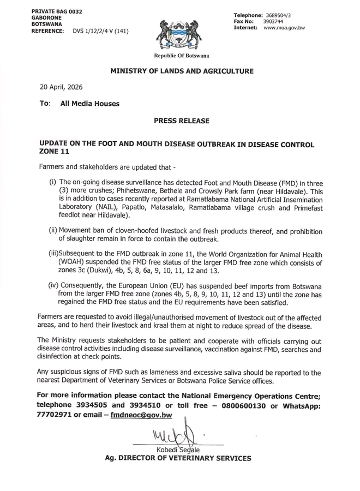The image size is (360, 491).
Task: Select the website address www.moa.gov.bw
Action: [x=284, y=27]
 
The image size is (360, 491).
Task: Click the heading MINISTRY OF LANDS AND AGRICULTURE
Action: [x=182, y=71]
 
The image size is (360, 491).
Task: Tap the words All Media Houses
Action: [x=89, y=103]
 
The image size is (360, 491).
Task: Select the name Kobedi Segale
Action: [x=178, y=450]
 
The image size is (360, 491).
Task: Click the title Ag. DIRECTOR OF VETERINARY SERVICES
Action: [x=178, y=459]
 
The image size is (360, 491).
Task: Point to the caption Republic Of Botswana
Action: [x=181, y=56]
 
